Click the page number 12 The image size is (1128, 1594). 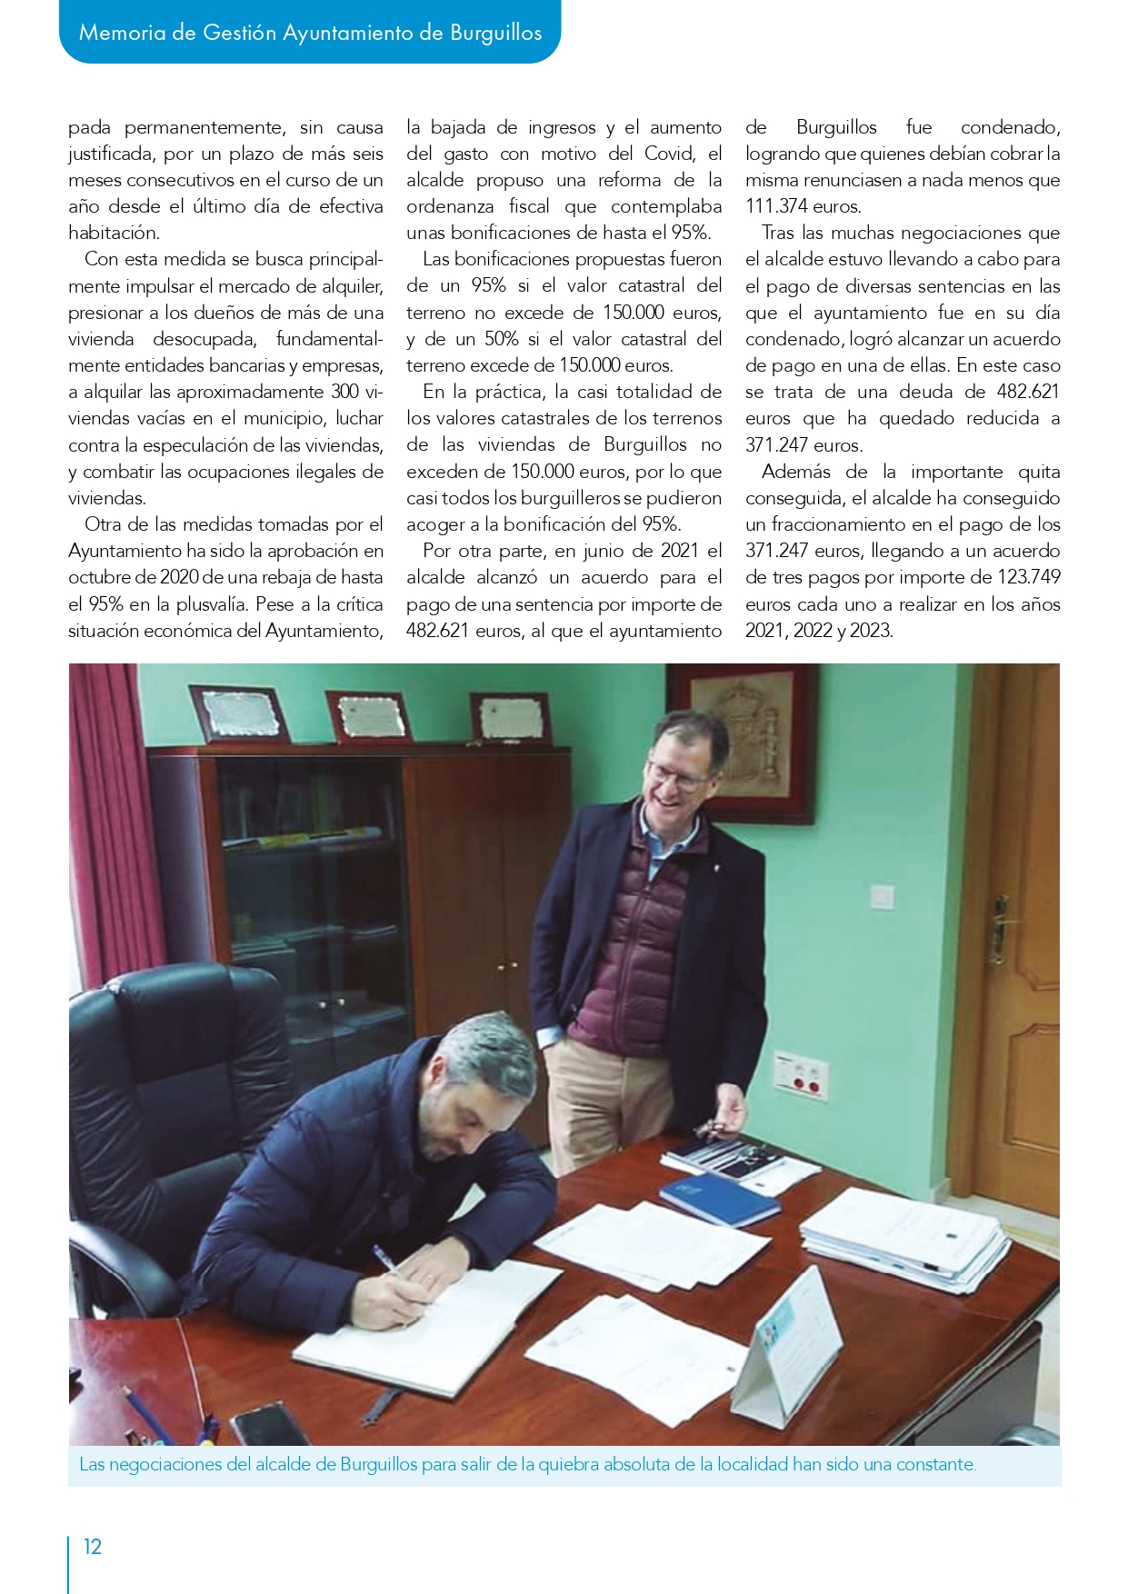pos(93,1547)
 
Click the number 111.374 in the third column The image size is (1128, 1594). pos(777,206)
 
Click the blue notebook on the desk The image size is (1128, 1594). pos(719,1197)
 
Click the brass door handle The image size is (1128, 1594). pos(999,928)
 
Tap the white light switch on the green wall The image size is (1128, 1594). pos(882,896)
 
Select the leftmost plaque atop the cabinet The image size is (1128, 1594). pos(238,714)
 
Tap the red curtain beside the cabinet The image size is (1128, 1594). pos(114,818)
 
